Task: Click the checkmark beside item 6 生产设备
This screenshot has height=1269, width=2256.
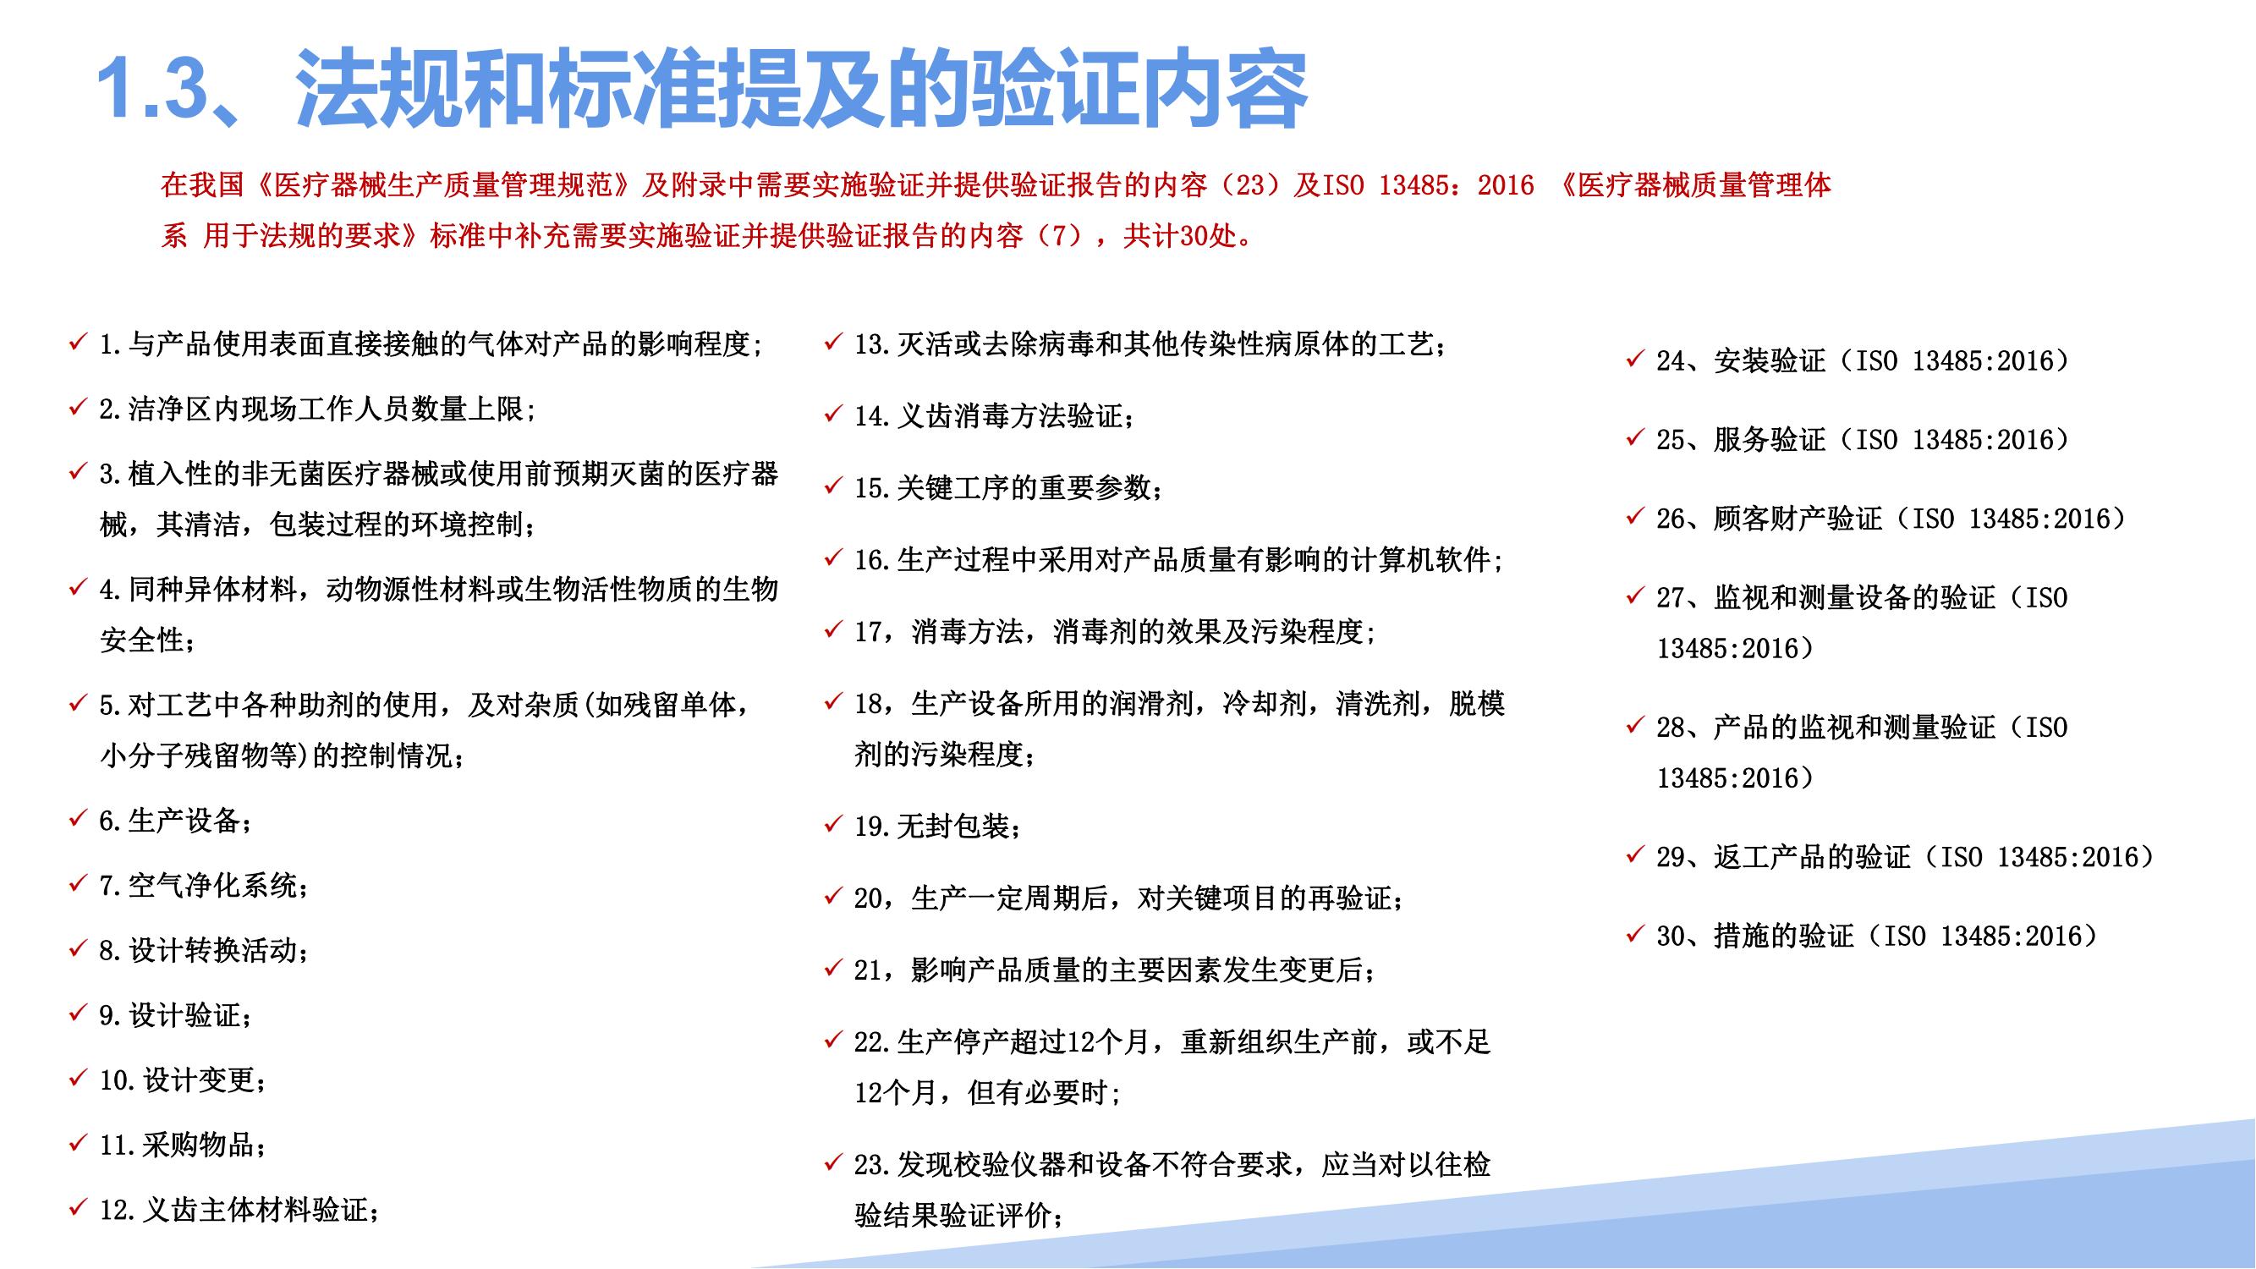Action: point(78,818)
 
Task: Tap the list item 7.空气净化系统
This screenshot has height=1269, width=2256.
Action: point(204,886)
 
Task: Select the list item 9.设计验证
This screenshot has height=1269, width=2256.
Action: point(176,1015)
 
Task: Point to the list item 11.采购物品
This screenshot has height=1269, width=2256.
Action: point(183,1145)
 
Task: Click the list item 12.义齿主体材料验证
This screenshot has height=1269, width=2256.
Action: point(239,1210)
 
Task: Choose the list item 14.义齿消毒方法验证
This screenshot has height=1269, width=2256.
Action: point(995,416)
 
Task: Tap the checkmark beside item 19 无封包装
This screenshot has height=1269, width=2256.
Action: point(833,824)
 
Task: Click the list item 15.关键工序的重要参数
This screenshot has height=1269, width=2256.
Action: point(1009,488)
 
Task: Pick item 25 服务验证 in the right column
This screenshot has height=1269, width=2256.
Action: point(1863,440)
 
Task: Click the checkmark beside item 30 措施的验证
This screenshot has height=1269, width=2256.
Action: point(1634,934)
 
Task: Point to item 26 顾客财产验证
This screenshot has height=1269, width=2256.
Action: point(1891,519)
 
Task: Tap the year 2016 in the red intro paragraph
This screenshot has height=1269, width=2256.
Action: point(1506,184)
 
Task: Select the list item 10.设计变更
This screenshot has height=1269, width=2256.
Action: point(183,1079)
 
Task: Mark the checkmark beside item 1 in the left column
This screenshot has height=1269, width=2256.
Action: point(78,342)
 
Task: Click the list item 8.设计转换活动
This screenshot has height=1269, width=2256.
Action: point(204,950)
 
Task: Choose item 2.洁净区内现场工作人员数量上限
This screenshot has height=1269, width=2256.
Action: point(317,409)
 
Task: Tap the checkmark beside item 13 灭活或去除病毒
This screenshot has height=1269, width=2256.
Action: point(833,342)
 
